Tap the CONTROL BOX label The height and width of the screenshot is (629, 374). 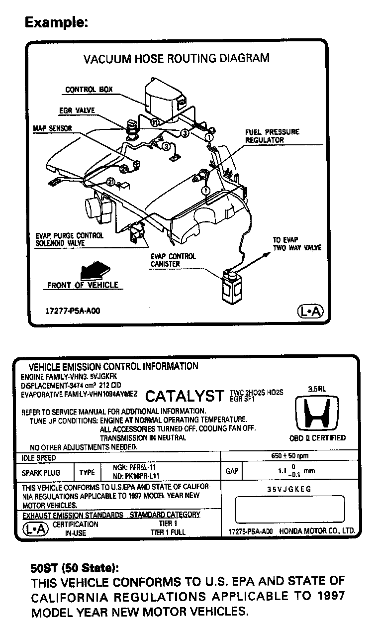[x=89, y=90]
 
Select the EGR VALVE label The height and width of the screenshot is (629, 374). [x=77, y=109]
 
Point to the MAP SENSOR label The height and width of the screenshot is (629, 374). [x=53, y=128]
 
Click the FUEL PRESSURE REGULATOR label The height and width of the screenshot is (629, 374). [x=272, y=136]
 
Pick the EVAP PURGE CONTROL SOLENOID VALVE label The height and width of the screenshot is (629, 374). [x=69, y=239]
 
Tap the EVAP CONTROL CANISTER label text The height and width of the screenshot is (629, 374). [x=173, y=260]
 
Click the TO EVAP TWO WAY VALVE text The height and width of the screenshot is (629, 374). [x=297, y=243]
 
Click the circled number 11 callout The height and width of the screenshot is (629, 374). [x=155, y=122]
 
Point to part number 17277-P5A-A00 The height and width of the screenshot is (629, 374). [x=73, y=311]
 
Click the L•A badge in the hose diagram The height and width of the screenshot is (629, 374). [x=310, y=312]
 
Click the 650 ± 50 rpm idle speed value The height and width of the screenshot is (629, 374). [x=289, y=456]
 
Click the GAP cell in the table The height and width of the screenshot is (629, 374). [x=232, y=471]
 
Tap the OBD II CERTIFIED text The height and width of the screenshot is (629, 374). [x=317, y=438]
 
